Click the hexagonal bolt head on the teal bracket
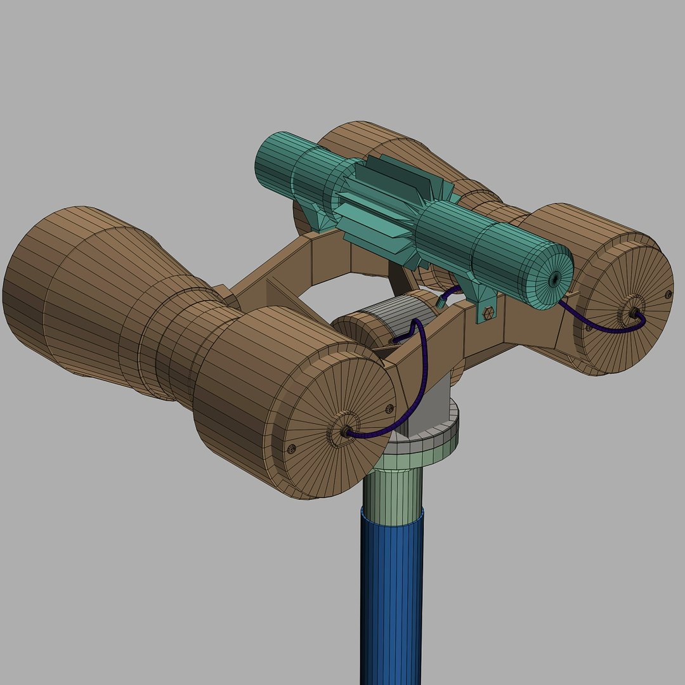click(x=488, y=313)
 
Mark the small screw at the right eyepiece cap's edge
click(x=668, y=293)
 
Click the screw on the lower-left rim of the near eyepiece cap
click(x=292, y=448)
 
